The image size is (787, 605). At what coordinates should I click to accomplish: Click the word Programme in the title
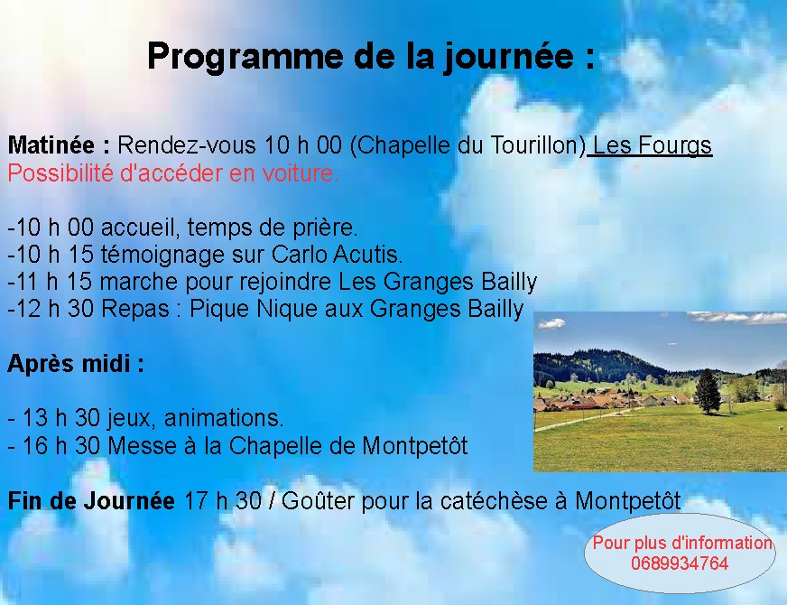[245, 57]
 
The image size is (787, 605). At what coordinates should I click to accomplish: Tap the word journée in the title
[508, 57]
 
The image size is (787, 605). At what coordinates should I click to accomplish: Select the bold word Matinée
[51, 145]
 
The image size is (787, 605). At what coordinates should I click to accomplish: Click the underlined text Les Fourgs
[652, 146]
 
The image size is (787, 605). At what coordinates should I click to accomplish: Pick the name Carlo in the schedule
[300, 255]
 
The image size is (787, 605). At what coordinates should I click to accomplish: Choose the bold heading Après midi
[75, 364]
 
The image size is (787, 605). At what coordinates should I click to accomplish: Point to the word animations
[224, 418]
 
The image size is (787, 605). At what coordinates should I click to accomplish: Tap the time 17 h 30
[223, 501]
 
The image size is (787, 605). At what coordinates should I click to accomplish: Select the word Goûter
[319, 501]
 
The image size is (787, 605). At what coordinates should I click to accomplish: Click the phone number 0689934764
[680, 563]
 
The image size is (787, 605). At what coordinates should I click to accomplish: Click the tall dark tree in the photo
[708, 392]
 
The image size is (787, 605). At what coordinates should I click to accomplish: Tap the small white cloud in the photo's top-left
[552, 324]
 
